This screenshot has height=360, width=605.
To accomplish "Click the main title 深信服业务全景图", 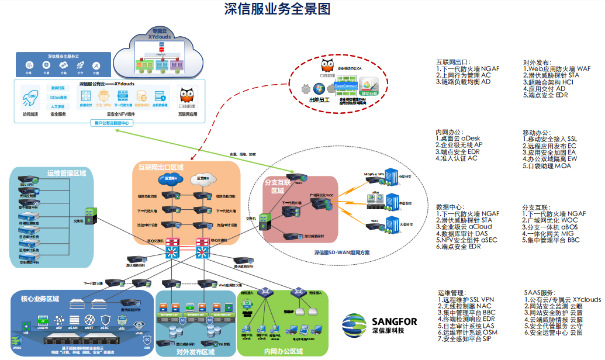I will tap(278, 9).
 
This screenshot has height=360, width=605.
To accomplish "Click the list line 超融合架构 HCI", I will tap(547, 82).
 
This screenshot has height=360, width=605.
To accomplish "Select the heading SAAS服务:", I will tap(539, 293).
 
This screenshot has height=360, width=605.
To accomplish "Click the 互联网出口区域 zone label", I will tap(161, 168).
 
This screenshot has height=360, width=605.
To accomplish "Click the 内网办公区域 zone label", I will tap(284, 352).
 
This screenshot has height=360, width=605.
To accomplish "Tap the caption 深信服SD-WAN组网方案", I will tap(346, 252).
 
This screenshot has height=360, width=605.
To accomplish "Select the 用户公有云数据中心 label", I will tap(112, 123).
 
